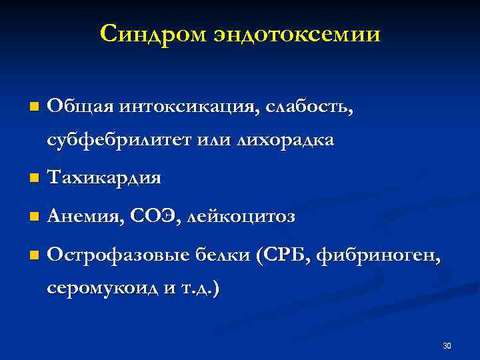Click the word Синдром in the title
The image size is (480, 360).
click(x=154, y=33)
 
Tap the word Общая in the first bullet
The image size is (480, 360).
click(x=79, y=106)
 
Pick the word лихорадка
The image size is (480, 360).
click(x=278, y=141)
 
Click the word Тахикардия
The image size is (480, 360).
click(x=104, y=178)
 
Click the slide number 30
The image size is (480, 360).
click(x=447, y=345)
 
